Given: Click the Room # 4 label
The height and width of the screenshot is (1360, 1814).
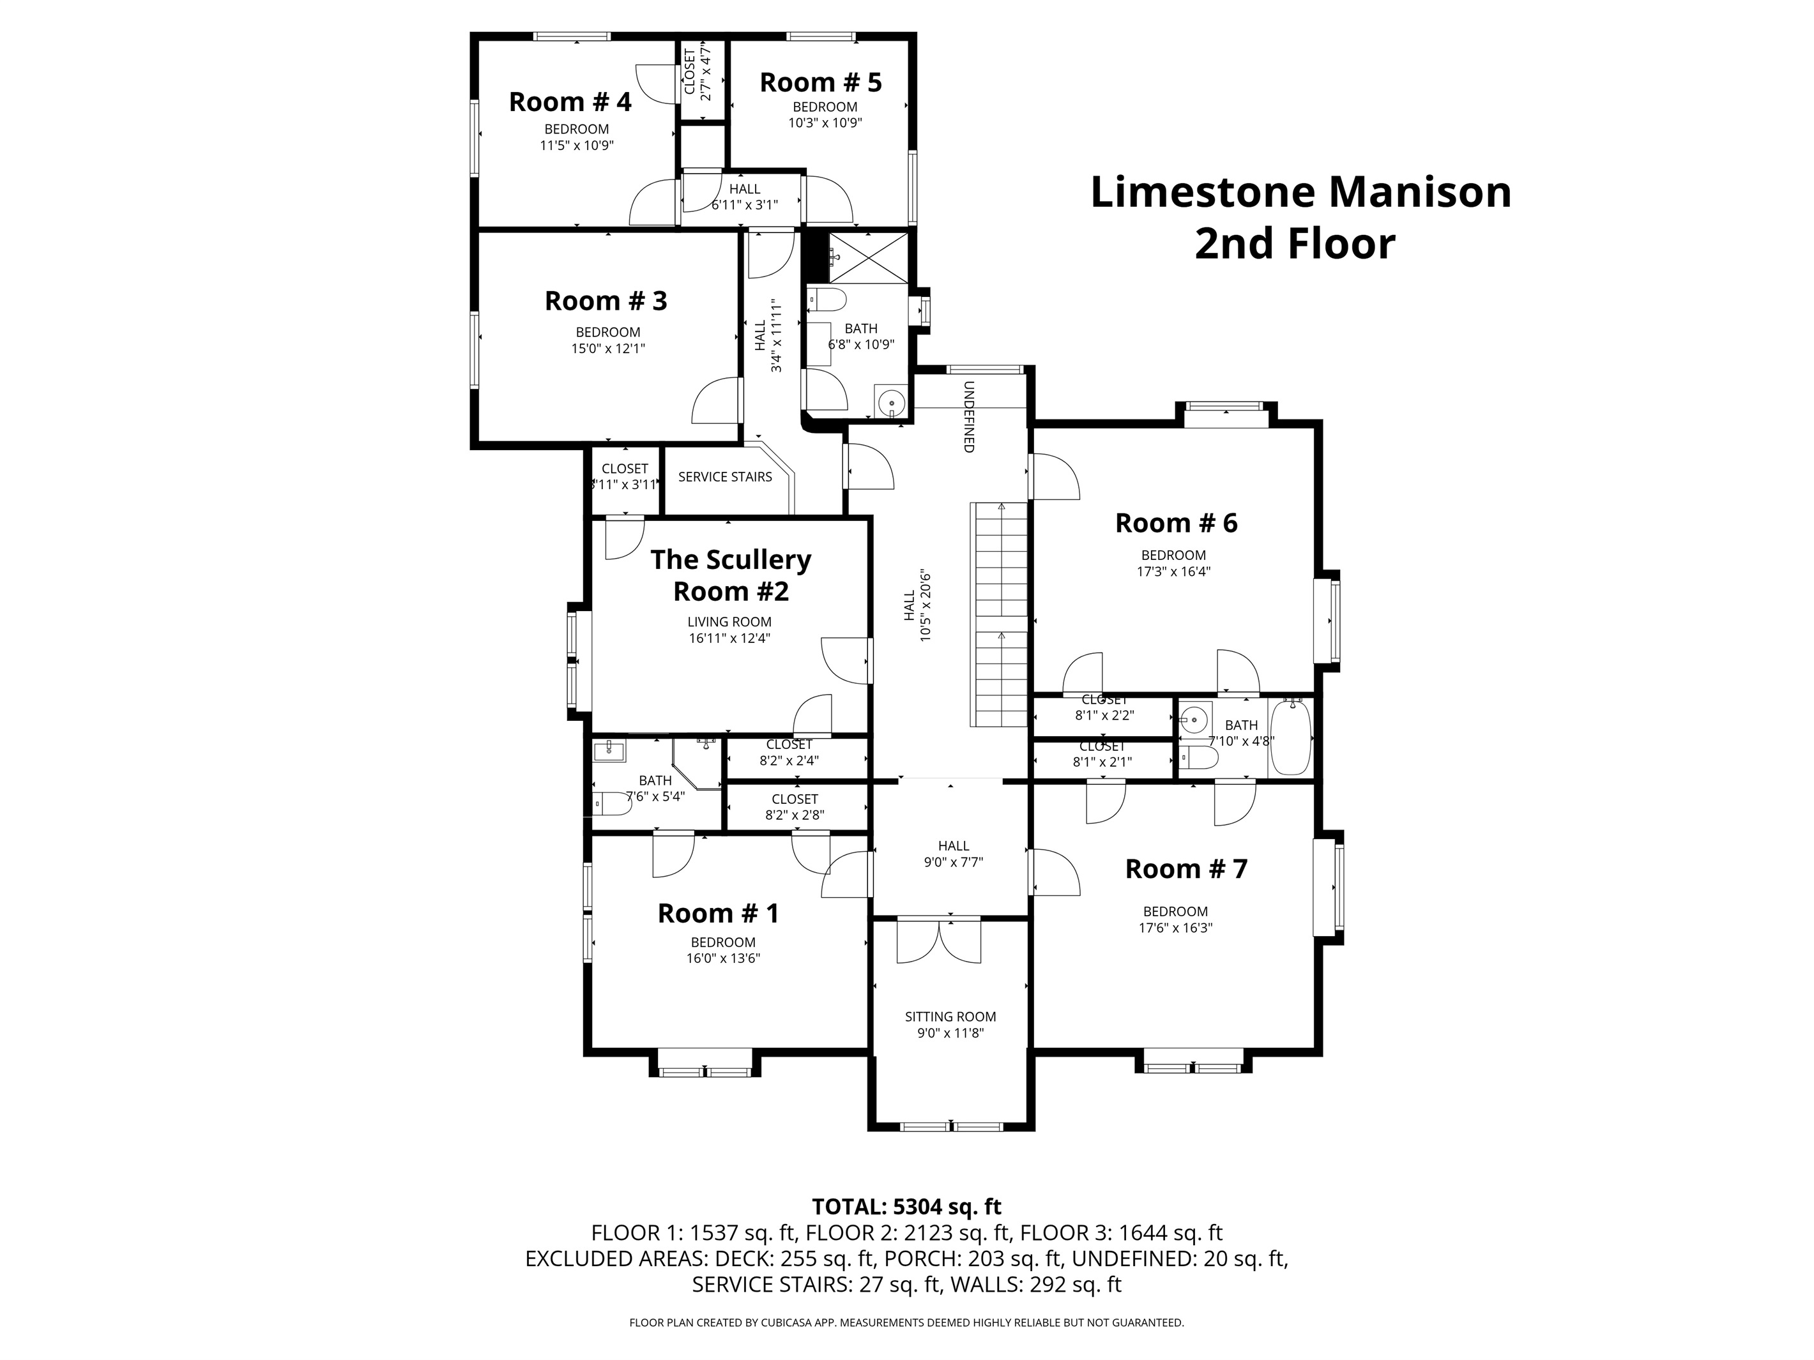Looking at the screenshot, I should coord(570,102).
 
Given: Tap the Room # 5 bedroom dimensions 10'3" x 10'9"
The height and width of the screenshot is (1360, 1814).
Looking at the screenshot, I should coord(825,123).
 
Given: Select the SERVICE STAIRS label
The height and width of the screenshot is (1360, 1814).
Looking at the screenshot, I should coord(725,477).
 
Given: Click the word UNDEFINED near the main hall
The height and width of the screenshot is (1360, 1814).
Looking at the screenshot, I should coord(968,416).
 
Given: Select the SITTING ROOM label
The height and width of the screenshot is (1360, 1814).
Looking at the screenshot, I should coord(950,1016).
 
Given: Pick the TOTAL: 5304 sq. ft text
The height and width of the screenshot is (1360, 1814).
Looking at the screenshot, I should coord(906,1207).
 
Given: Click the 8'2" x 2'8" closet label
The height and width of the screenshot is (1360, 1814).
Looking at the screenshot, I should coord(795,815).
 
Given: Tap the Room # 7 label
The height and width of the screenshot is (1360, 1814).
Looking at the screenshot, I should coord(1186,869).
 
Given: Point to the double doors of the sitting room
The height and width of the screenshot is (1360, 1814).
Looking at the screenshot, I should coord(939,942).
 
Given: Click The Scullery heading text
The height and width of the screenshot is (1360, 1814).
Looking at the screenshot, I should coord(730,560).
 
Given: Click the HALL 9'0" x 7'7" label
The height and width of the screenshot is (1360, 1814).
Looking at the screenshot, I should coord(953,854).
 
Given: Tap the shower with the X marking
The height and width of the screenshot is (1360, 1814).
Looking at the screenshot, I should coord(869,257).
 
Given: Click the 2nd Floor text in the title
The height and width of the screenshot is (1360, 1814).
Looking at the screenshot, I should coord(1294,245).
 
